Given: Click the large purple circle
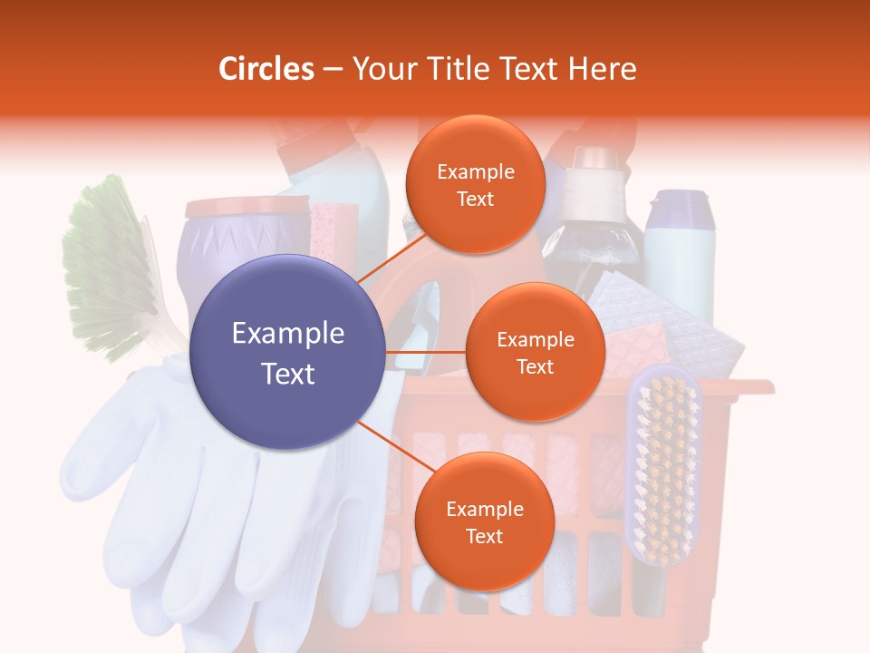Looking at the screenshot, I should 287,353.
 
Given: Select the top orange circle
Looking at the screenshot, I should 475,184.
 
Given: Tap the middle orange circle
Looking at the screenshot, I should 535,352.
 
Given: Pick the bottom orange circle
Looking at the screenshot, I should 484,521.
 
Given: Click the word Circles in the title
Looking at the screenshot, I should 266,69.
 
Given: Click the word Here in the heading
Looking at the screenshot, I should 603,69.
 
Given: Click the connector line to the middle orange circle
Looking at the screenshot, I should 426,352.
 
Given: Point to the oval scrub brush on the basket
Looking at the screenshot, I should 663,463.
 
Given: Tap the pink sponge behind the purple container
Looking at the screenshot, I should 333,231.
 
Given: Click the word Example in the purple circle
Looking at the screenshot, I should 287,334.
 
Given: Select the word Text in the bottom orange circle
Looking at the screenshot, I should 484,536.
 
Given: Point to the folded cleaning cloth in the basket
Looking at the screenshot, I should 662,317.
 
